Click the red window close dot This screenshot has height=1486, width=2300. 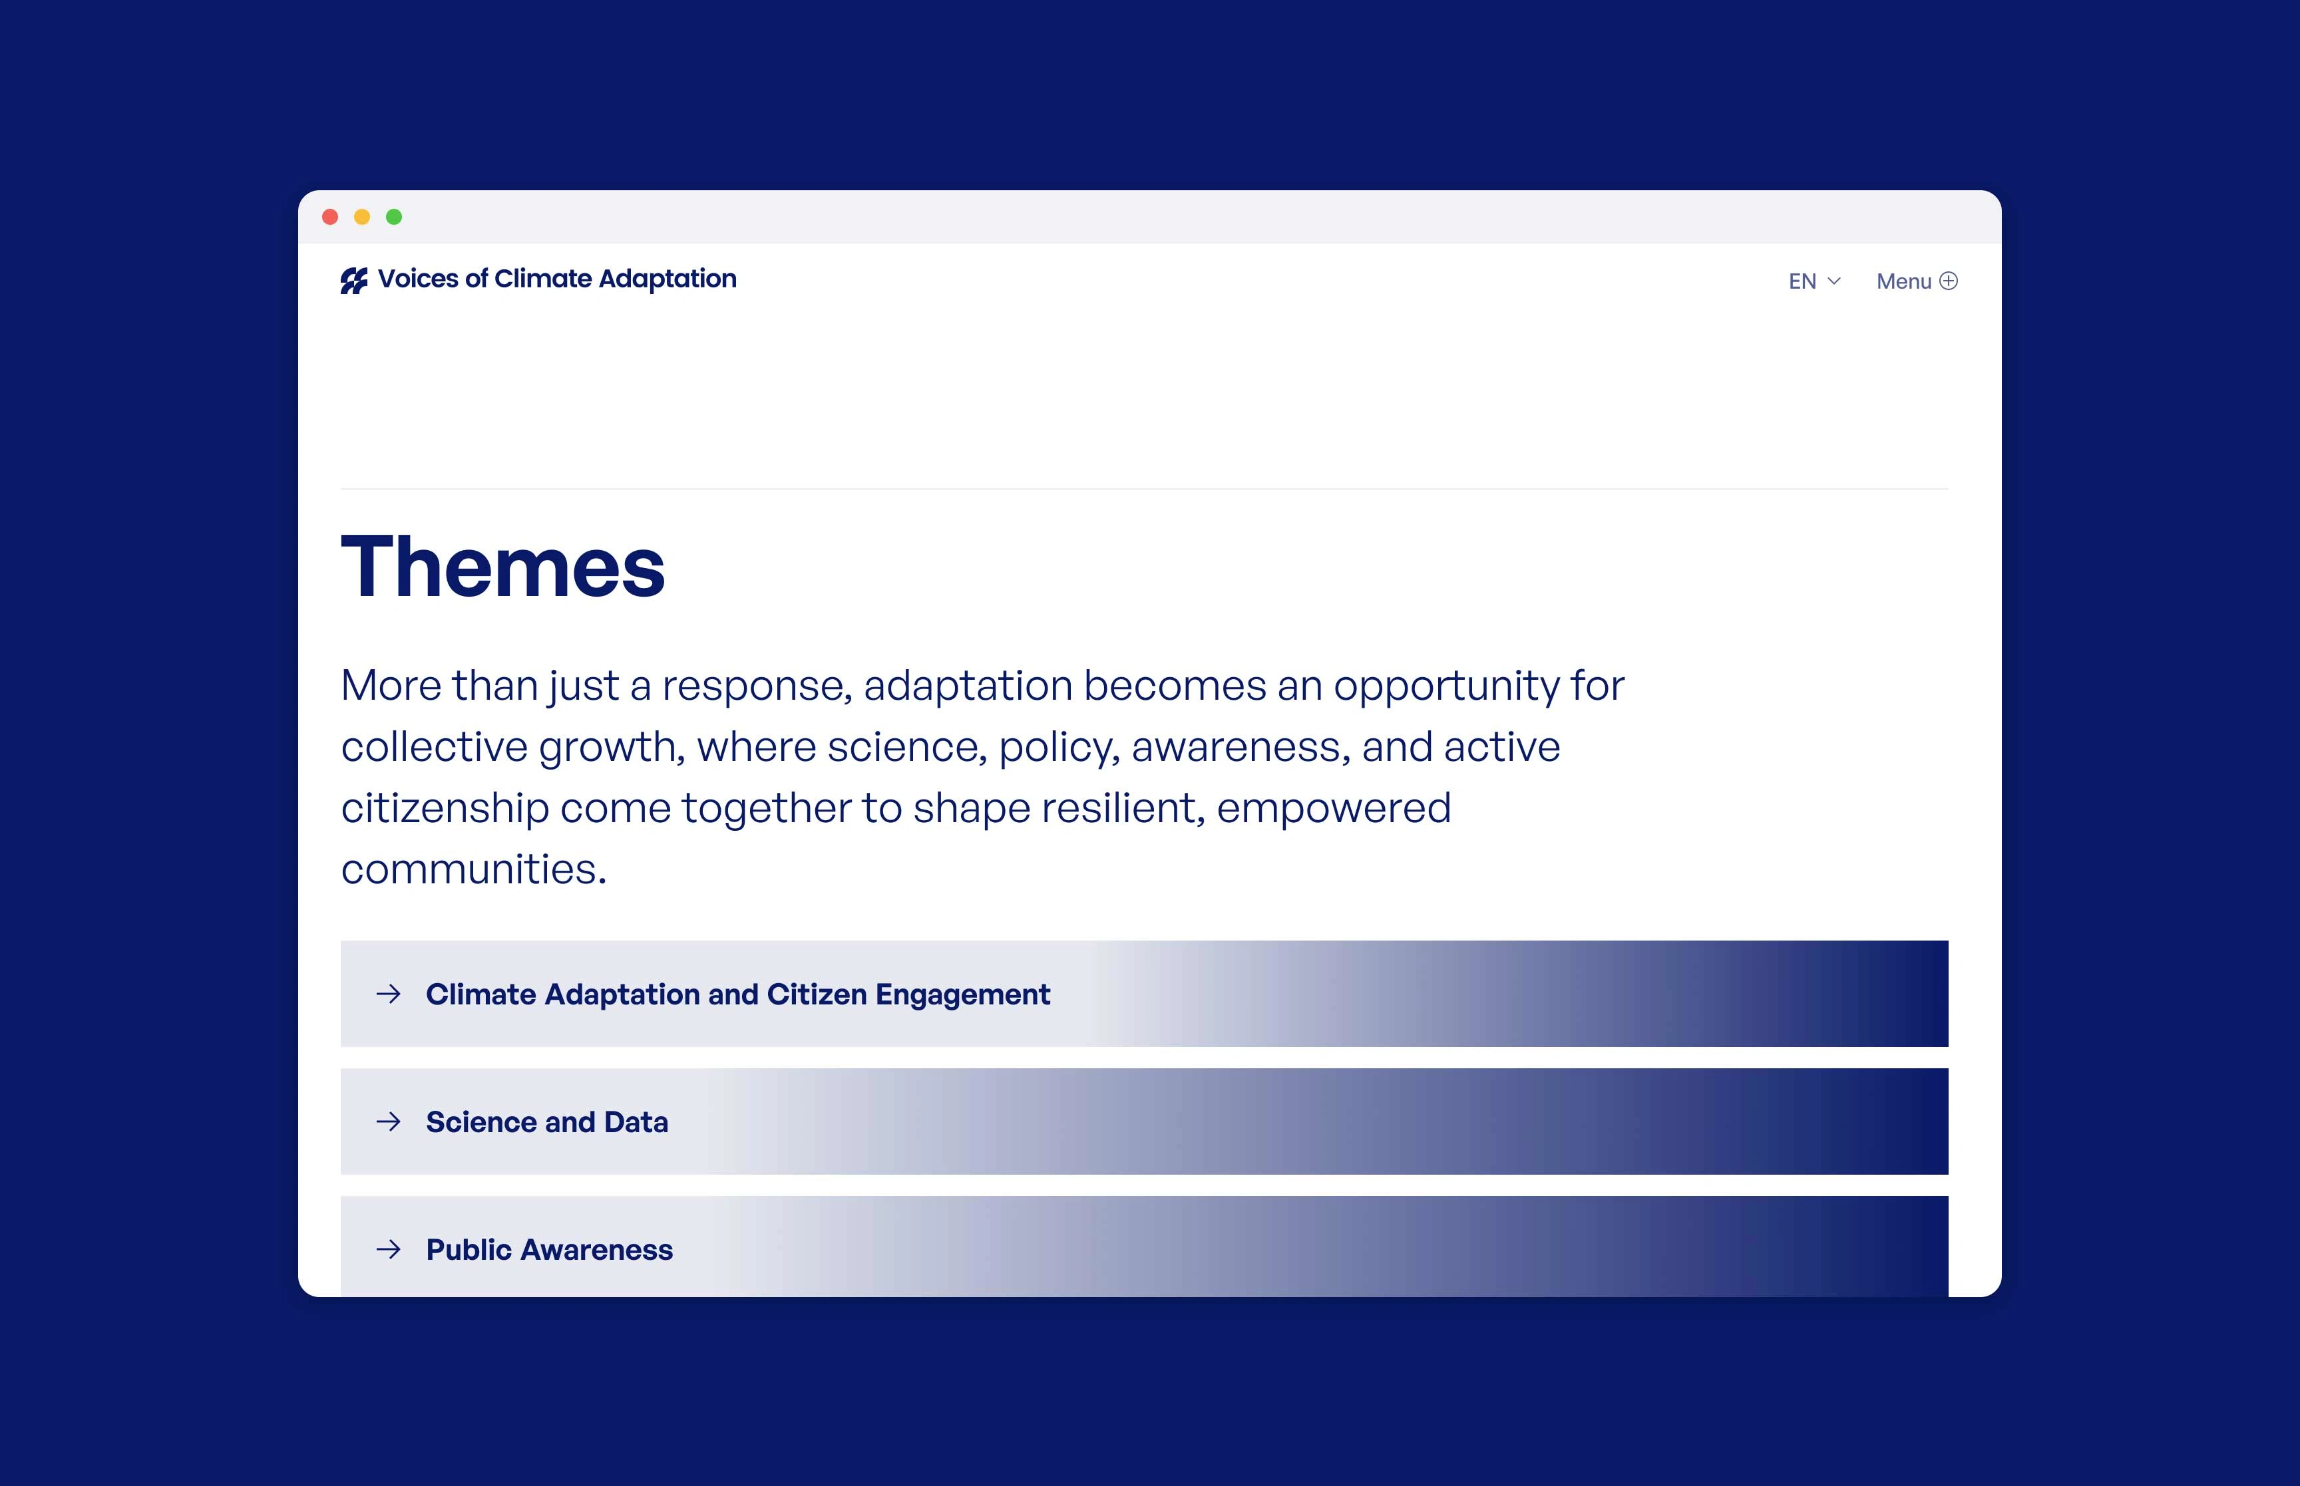tap(330, 217)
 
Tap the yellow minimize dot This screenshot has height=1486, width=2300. tap(362, 217)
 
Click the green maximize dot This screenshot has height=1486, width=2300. tap(394, 217)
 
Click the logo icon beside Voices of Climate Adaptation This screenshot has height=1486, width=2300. tap(354, 281)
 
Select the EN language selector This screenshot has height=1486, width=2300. tap(1802, 282)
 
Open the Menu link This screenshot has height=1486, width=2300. tap(1903, 282)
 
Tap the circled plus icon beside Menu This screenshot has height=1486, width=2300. tap(1949, 281)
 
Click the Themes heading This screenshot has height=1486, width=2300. tap(503, 567)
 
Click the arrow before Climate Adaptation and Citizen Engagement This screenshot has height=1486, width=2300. tap(389, 994)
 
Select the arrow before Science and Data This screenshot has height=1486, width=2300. tap(389, 1121)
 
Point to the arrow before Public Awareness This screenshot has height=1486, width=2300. tap(389, 1250)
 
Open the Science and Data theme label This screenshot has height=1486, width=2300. tap(547, 1122)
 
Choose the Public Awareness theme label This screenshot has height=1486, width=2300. tap(549, 1250)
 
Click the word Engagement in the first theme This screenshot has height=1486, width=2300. tap(962, 995)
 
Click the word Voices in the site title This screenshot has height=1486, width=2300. tap(418, 279)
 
